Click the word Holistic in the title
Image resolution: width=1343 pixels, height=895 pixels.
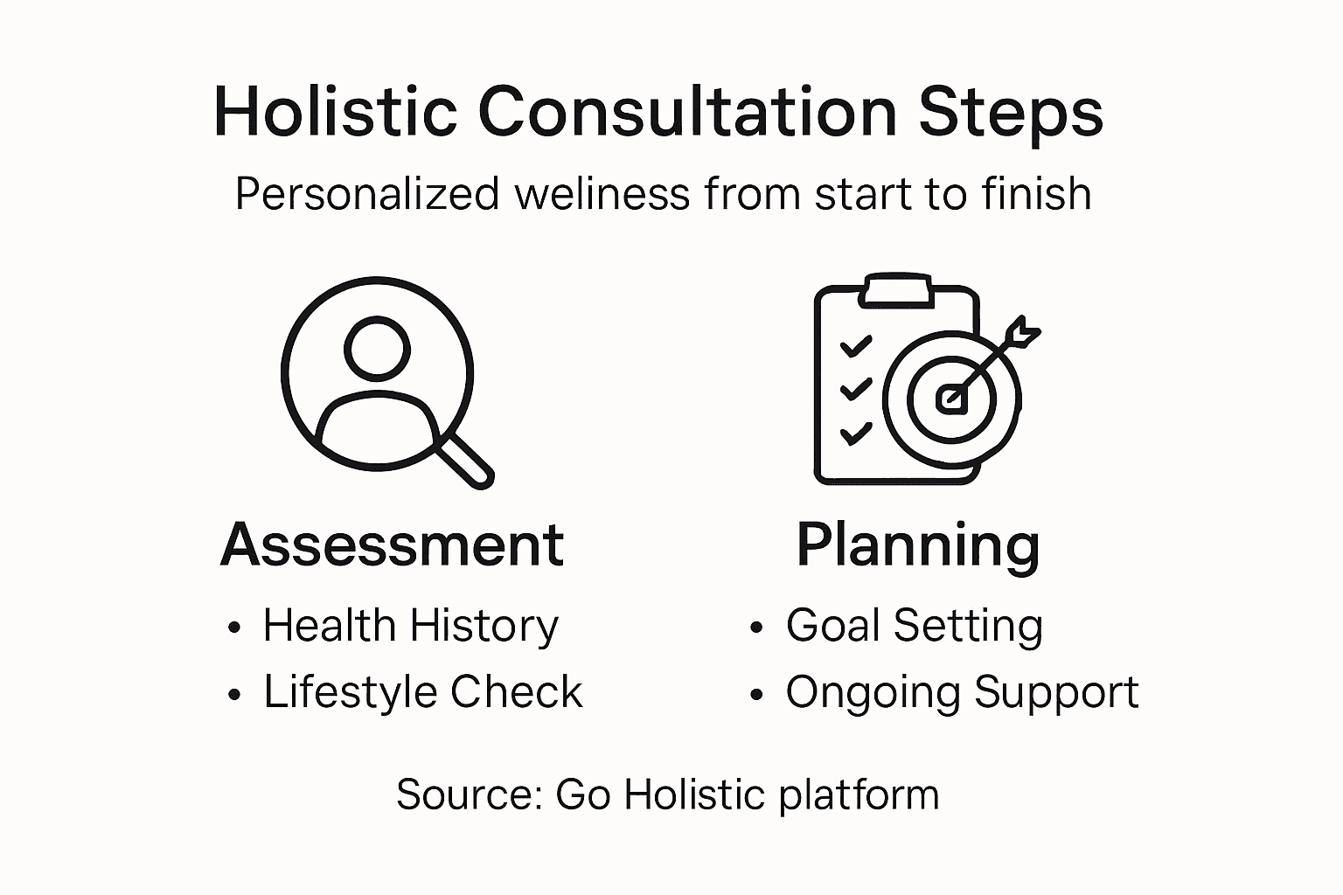coord(336,112)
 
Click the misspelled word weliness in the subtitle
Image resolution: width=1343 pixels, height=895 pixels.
coord(602,194)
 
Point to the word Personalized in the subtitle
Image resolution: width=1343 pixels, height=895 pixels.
coord(367,194)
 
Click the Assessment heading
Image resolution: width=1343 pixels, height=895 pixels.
coord(392,545)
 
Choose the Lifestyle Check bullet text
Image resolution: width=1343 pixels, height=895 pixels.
coord(422,693)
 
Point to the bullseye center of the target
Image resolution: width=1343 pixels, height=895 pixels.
coord(951,399)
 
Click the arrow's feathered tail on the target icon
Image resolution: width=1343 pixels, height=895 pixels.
coord(1024,333)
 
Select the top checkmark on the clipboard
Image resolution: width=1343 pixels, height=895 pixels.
coord(856,346)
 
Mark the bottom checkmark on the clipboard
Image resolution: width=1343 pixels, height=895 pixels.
coord(856,434)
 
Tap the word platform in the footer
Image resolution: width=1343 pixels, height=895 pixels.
coord(859,796)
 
